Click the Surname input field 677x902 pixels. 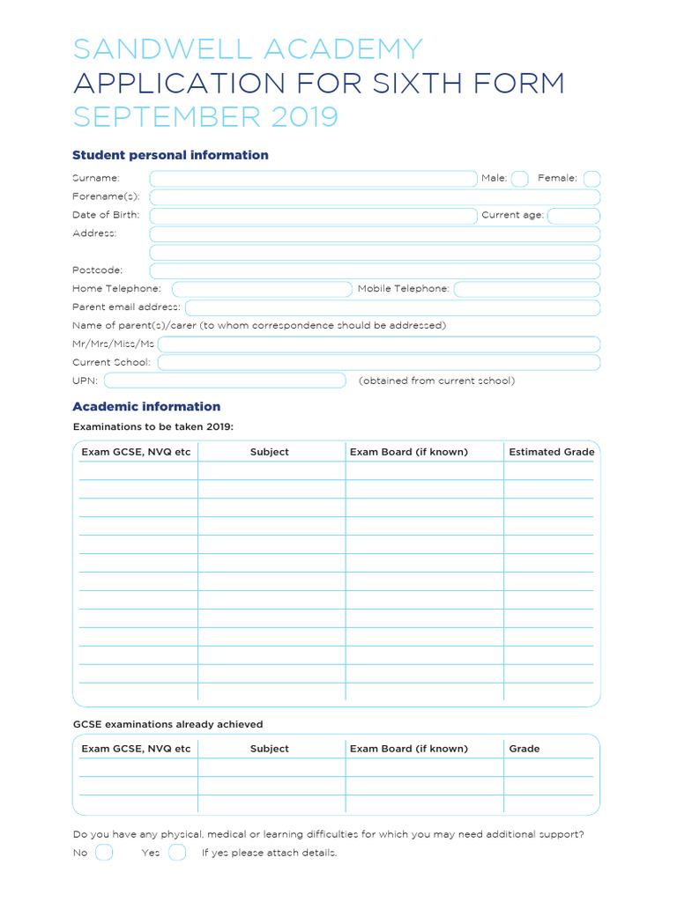coord(312,179)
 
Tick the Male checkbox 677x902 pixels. coord(520,179)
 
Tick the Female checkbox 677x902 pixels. coord(591,179)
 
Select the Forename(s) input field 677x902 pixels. coord(375,197)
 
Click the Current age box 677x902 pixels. coord(574,216)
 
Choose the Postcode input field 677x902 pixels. coord(375,270)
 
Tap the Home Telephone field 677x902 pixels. coord(262,289)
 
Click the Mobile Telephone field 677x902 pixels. coord(527,289)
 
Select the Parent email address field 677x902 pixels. coord(392,307)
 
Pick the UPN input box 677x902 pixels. coord(225,381)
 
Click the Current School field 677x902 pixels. coord(379,362)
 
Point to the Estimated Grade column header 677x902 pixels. coord(552,452)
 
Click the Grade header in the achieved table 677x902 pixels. coord(524,749)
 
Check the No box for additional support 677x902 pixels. coord(104,852)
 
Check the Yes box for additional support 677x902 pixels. coord(177,852)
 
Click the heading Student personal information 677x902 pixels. coord(170,155)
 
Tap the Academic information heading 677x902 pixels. coord(146,406)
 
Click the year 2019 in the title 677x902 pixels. coord(304,116)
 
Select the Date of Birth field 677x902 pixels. coord(312,216)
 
